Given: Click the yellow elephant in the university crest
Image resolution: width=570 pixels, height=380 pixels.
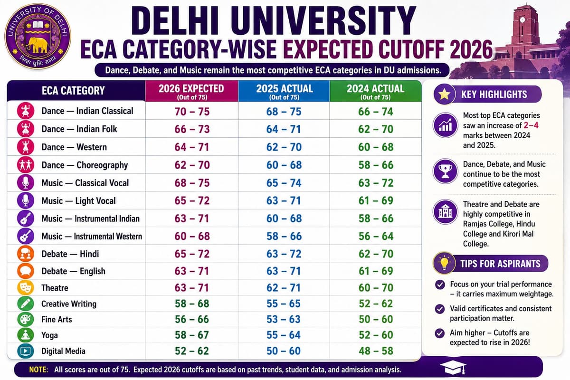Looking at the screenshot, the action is [37, 45].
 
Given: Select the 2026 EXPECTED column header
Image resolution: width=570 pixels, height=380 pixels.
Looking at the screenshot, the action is [191, 91].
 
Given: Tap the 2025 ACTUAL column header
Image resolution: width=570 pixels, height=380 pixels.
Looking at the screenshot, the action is [284, 91].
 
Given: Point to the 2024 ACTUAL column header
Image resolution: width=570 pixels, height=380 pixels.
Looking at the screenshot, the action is [376, 91].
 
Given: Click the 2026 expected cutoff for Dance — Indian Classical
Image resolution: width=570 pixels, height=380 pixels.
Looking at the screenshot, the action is [192, 112].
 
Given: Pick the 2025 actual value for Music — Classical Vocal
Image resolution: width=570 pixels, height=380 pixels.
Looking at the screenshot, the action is [284, 183].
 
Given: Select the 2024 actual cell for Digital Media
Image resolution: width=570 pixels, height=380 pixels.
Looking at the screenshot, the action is [376, 351].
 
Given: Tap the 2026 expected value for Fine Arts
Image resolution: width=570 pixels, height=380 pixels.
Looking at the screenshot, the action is [192, 319].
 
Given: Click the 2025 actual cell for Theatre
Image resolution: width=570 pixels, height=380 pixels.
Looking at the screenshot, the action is [284, 287].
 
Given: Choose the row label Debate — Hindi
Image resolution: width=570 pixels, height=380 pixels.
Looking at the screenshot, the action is [70, 254].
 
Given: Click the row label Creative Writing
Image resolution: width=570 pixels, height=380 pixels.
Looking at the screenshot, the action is [69, 304].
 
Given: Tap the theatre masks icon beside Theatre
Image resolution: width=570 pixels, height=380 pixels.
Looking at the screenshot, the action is [26, 287].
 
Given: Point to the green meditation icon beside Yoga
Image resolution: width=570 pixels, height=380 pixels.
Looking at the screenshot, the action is [26, 335].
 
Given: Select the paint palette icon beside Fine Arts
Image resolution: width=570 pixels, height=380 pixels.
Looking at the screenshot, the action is [26, 319].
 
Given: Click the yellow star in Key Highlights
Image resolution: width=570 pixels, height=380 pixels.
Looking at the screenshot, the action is [444, 94].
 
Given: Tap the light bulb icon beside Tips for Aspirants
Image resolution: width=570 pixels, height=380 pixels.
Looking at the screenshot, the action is [444, 263].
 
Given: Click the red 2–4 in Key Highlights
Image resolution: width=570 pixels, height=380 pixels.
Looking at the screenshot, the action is [531, 125].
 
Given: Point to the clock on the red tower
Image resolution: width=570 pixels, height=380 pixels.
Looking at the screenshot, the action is [522, 20].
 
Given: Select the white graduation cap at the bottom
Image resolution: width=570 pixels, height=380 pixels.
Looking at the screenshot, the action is [453, 368].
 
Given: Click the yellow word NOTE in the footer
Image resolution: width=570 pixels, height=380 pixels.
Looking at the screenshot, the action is [38, 370].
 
